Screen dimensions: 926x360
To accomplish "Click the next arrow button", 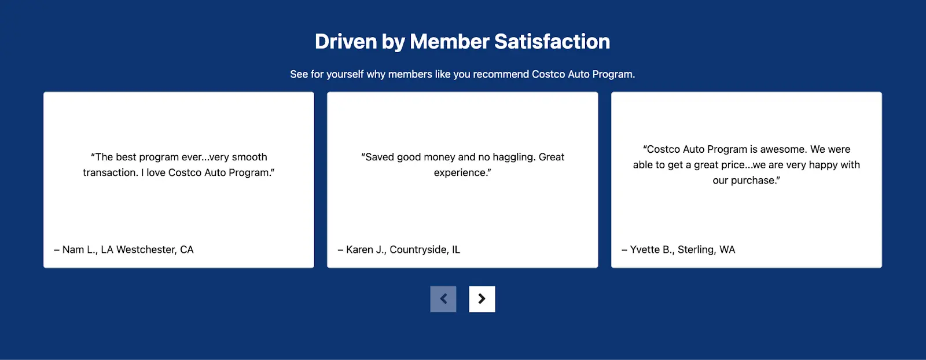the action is point(482,299).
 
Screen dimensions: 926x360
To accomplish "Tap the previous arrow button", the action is point(443,299).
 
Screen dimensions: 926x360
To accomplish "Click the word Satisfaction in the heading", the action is point(552,41).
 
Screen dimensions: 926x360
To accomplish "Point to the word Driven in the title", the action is point(346,41).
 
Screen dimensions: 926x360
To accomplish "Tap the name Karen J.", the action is point(366,249).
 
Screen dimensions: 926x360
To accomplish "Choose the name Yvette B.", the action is point(652,249).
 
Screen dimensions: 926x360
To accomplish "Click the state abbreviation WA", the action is point(727,249).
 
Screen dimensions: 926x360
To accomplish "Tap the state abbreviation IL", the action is point(456,249).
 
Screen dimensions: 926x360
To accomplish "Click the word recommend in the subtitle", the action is point(501,75).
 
